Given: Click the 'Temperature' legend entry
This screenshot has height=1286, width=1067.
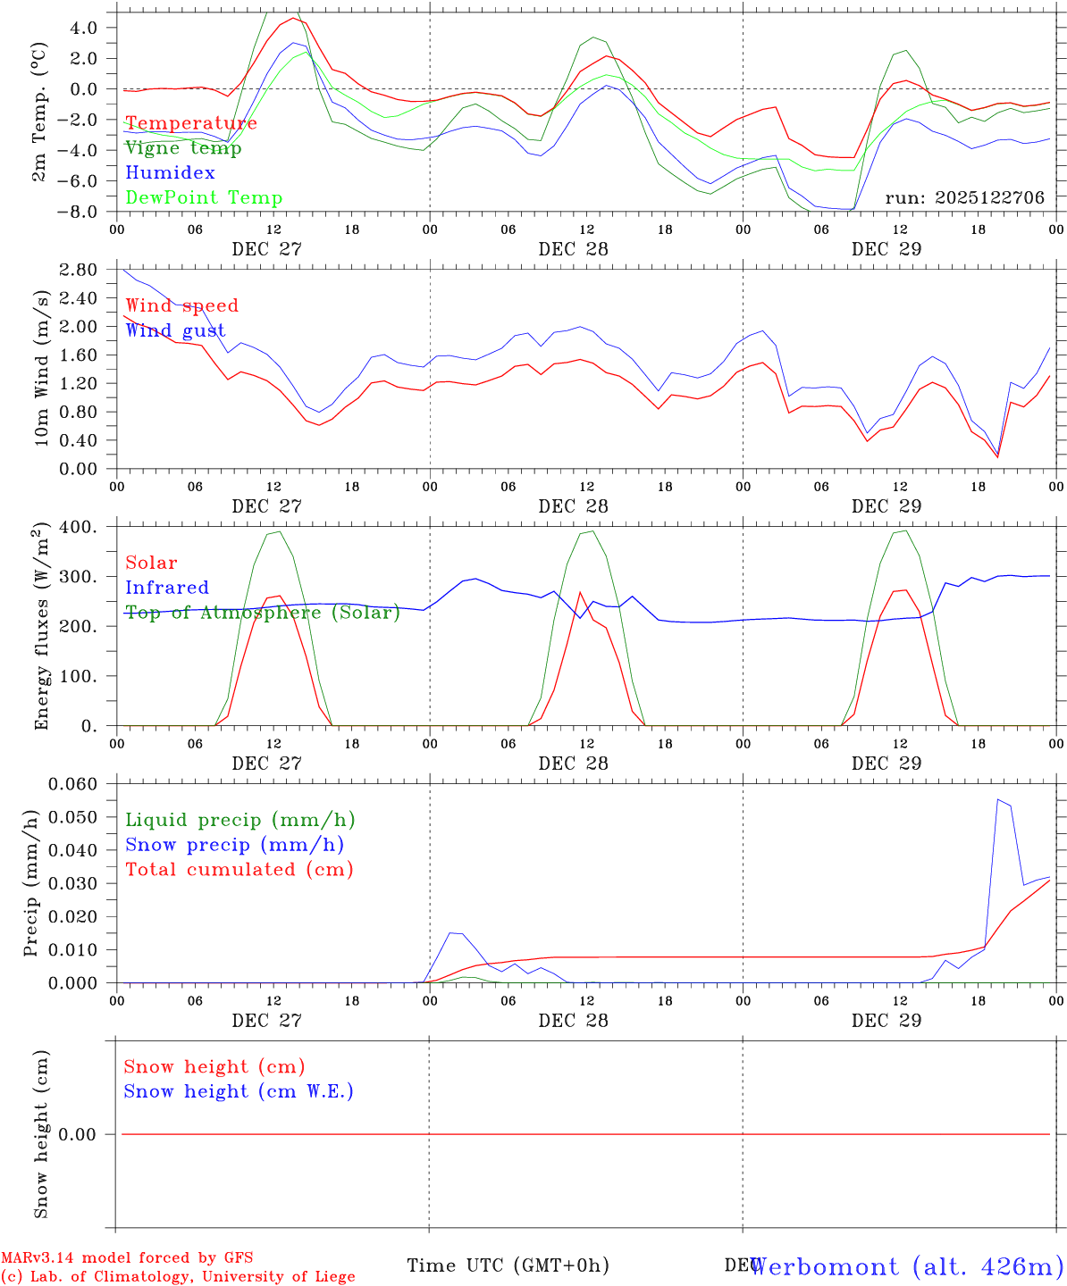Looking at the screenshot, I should pos(191,123).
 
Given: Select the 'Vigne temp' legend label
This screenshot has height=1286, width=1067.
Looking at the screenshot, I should pos(183,148).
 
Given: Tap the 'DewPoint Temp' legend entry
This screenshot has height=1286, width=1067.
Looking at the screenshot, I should pos(204,198).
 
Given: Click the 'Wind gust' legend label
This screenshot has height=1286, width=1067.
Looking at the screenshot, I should pos(175,330).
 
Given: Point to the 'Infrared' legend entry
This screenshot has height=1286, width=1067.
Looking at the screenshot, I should pos(167,588).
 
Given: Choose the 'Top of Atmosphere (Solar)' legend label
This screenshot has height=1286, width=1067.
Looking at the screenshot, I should pos(263,613).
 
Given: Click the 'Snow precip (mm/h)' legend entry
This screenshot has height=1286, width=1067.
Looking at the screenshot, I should pos(235,845).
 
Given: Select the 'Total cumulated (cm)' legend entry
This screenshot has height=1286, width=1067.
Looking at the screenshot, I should pos(239,870).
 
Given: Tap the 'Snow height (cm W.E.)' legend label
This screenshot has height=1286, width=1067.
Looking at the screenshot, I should pos(239,1091).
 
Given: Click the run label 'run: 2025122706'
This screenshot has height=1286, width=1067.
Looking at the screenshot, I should pos(964,198).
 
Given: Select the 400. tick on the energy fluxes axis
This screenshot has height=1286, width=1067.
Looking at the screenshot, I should pos(79,527).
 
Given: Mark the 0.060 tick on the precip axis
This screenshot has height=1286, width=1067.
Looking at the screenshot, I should pos(75,784).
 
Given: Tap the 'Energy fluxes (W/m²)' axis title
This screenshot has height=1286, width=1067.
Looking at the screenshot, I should pos(39,627).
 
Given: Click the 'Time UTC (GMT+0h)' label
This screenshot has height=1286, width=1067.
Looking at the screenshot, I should pos(508,1265).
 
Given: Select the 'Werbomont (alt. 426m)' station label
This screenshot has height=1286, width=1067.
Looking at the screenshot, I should pos(906,1266).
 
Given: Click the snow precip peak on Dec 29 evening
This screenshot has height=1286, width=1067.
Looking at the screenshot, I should pos(997,799).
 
